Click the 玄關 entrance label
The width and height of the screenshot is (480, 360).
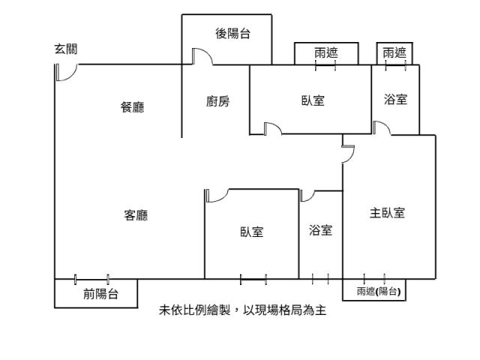click(65, 49)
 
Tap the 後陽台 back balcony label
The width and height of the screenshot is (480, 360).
click(232, 33)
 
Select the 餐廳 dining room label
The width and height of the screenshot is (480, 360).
click(133, 107)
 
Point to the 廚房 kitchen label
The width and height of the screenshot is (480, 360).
click(217, 101)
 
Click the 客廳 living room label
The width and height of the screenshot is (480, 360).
click(136, 216)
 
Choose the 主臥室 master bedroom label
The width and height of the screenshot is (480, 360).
click(387, 213)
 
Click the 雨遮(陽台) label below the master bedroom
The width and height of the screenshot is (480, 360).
click(378, 292)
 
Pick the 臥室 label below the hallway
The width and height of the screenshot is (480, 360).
click(251, 232)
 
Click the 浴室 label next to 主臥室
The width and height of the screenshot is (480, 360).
click(320, 230)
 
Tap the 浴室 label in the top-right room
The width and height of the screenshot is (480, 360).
click(395, 99)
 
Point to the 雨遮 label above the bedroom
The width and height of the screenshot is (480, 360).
click(325, 52)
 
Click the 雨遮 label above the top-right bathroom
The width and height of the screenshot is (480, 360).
click(394, 52)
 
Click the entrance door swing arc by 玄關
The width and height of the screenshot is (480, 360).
click(66, 73)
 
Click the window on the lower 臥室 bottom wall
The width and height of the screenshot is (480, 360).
click(253, 280)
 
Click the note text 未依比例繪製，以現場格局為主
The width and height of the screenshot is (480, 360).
click(242, 310)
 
